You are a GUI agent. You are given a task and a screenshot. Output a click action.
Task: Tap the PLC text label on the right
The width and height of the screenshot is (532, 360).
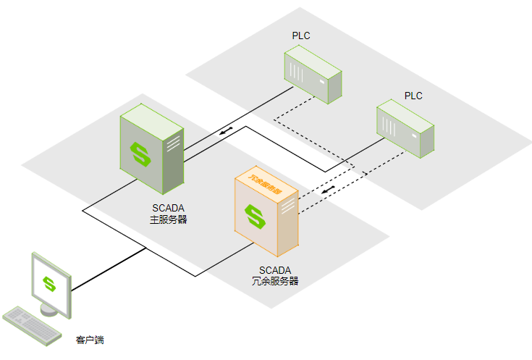413,96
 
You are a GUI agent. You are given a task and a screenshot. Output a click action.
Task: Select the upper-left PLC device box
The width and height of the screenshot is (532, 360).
313,75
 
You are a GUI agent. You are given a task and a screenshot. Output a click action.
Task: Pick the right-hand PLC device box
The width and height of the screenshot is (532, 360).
405,130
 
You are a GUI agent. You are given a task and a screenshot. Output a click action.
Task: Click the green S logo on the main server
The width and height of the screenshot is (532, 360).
139,154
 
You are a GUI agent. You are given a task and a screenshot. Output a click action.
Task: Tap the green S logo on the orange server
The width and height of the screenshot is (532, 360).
254,215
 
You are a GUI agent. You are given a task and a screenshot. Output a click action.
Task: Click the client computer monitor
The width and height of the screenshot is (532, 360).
51,283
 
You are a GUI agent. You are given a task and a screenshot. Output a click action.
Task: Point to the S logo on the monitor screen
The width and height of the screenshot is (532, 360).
48,283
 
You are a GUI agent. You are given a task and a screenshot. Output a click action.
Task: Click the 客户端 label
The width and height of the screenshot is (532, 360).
90,339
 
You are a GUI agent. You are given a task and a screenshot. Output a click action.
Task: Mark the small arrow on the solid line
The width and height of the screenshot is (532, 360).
225,131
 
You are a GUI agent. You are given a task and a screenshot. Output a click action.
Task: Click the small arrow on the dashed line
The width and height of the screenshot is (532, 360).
329,191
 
